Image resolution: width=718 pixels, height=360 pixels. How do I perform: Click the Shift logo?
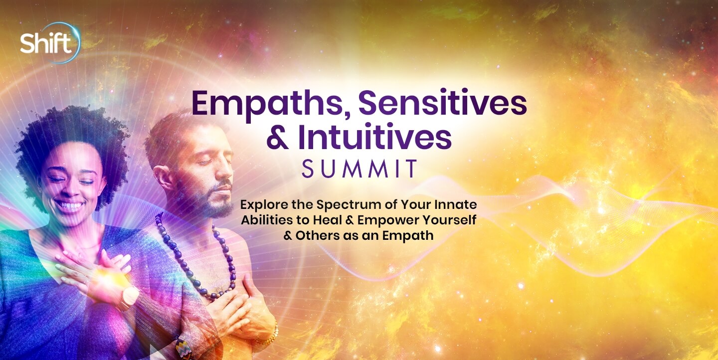pyautogui.click(x=50, y=43)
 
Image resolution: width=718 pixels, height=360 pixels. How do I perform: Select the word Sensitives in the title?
pyautogui.click(x=442, y=103)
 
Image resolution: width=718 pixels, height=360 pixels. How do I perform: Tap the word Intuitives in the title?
pyautogui.click(x=375, y=137)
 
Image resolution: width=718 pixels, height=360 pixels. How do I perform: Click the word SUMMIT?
pyautogui.click(x=359, y=169)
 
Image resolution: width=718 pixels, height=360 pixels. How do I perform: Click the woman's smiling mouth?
pyautogui.click(x=70, y=204)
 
